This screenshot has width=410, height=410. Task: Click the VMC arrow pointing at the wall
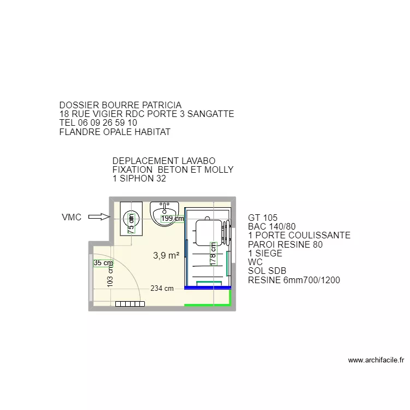(99, 217)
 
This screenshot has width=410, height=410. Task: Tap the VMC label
(72, 217)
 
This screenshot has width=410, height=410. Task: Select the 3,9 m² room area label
(166, 255)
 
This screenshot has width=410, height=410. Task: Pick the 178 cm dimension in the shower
(213, 255)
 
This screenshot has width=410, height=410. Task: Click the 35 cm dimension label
(103, 262)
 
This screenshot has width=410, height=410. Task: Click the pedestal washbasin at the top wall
(164, 209)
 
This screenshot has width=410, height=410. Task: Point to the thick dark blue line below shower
(208, 287)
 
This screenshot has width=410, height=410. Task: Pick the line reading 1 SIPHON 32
(139, 178)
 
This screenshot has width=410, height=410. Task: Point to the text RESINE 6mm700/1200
(294, 280)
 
